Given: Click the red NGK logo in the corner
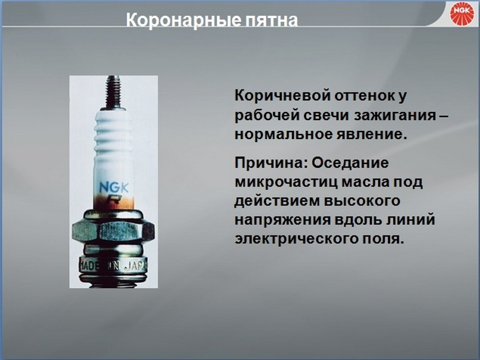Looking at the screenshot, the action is tap(462, 14).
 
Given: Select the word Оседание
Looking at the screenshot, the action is tap(350, 163).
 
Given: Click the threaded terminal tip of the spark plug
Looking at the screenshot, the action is tap(113, 92).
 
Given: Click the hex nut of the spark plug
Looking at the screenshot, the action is tap(113, 231).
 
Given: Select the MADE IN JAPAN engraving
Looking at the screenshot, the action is tap(113, 265).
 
